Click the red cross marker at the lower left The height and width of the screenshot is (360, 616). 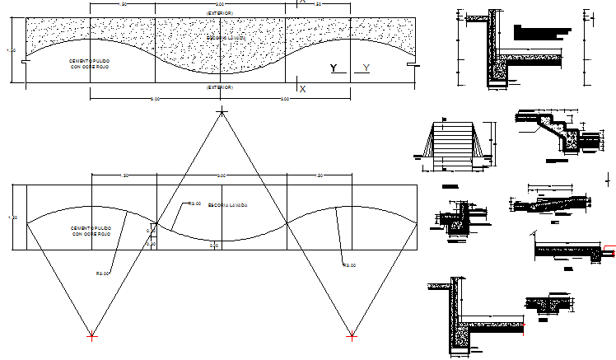click(91, 336)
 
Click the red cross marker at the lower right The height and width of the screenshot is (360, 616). click(352, 336)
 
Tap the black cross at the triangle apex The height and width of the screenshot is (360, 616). click(220, 110)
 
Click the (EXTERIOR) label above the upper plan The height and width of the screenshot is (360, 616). click(220, 12)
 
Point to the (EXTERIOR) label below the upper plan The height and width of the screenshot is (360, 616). click(220, 86)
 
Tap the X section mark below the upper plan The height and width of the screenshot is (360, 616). click(302, 89)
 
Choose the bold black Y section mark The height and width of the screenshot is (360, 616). click(333, 68)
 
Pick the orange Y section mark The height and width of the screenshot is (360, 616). click(365, 68)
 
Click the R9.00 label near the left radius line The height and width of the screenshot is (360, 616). click(103, 273)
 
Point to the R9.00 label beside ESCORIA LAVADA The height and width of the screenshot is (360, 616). click(195, 203)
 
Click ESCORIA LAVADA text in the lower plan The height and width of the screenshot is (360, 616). click(229, 204)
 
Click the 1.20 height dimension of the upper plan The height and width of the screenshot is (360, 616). click(11, 50)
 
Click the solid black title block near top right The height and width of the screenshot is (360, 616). click(540, 31)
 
